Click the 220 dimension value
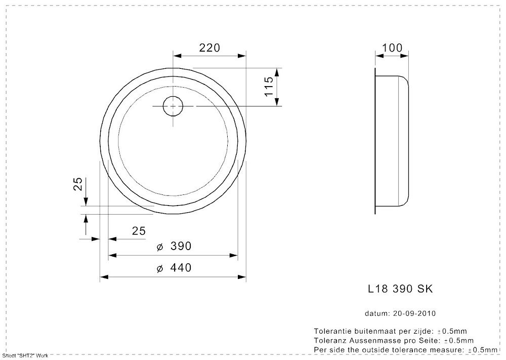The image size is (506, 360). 209,48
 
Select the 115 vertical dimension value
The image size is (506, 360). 268,87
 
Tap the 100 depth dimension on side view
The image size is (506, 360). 392,48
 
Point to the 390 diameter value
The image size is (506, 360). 181,247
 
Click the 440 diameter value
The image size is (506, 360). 181,268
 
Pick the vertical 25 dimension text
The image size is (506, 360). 77,184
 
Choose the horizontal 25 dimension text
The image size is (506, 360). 139,231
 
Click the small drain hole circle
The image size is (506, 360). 173,106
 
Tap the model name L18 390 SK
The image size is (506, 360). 400,289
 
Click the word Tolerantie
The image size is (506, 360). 331,330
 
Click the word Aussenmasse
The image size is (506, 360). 371,340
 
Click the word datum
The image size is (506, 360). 376,313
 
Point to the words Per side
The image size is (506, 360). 330,349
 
